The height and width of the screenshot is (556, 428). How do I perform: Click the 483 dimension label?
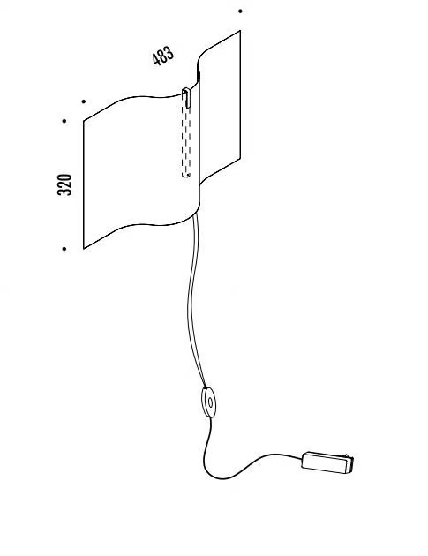163,56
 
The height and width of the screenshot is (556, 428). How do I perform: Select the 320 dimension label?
64,184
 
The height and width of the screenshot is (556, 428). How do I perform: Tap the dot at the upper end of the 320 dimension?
64,121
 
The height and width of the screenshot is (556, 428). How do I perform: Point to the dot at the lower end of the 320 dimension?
64,249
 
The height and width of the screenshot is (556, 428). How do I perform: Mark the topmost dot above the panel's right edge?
240,11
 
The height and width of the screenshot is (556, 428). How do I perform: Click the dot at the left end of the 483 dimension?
83,101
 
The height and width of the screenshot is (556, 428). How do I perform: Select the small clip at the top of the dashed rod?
186,98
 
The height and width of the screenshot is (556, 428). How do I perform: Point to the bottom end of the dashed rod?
186,175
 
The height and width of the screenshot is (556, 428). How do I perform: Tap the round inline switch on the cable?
208,402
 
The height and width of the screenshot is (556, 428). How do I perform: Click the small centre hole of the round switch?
210,402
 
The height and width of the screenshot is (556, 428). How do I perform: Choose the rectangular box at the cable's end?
327,462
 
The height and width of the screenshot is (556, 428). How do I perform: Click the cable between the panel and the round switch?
190,302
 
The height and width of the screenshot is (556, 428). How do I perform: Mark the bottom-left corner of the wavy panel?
84,249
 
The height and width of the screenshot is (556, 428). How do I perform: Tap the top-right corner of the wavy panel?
240,31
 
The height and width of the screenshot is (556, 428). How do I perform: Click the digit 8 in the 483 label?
163,56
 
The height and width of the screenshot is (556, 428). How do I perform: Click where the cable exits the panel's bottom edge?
194,216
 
